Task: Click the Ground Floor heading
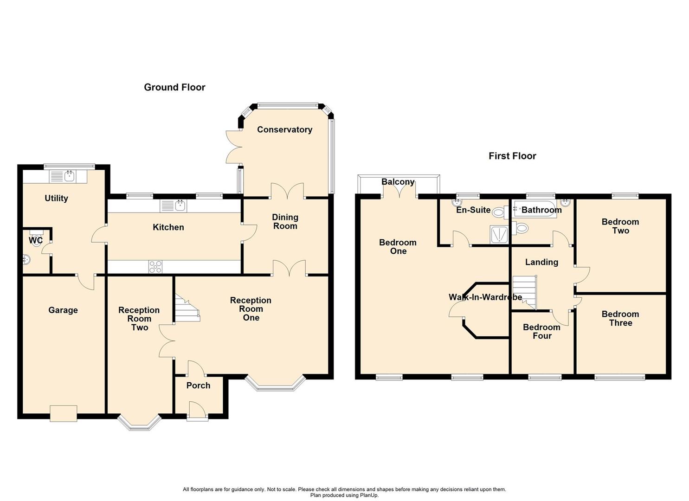[174, 87]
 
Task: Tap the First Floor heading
[512, 156]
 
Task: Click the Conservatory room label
[284, 129]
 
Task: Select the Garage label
[63, 310]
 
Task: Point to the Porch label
[198, 385]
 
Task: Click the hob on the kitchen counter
[155, 267]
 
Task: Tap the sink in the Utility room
[68, 177]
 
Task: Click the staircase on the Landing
[525, 292]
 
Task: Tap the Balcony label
[398, 182]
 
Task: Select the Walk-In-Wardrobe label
[485, 297]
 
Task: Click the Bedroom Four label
[541, 331]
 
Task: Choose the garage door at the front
[64, 413]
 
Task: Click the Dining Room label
[285, 221]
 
